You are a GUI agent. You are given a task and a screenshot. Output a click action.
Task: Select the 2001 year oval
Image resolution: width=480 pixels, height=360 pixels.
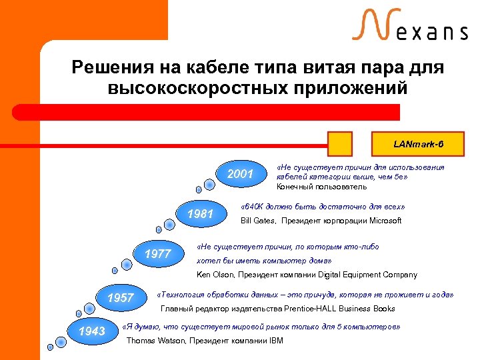tap(240, 175)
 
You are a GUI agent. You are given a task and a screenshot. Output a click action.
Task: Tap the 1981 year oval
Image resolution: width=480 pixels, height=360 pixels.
tap(200, 214)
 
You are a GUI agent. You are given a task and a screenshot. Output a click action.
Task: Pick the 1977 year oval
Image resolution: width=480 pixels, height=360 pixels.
tap(159, 253)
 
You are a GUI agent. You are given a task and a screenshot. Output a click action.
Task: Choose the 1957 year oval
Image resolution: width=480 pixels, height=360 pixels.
tap(120, 297)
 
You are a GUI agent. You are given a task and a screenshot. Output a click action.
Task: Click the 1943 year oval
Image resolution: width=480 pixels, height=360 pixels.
tap(91, 331)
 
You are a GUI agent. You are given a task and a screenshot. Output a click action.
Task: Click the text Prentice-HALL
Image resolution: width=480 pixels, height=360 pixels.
tap(304, 309)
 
